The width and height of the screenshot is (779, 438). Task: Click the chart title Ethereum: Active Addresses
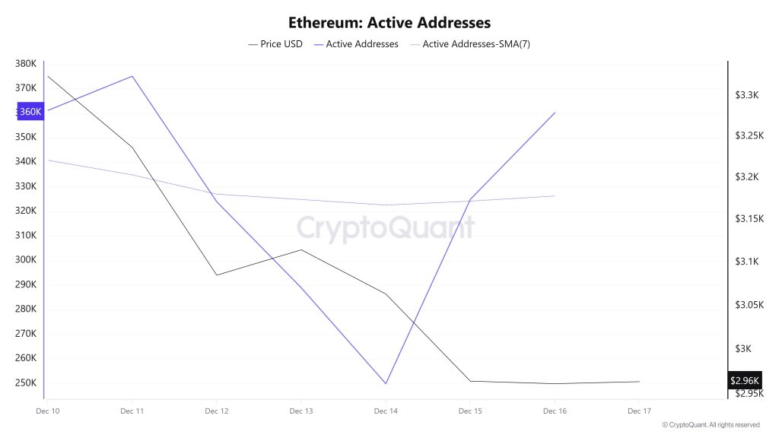pos(389,23)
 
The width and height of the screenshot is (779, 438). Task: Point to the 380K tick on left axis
pos(26,64)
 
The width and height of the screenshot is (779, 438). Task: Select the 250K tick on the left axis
pos(26,383)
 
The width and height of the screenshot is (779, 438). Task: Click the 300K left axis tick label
pos(26,260)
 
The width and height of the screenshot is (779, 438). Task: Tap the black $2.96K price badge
pos(745,380)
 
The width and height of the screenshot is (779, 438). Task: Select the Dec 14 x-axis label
pos(386,411)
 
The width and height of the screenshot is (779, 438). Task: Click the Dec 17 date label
pos(639,411)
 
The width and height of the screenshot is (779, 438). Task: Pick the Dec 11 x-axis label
pos(132,411)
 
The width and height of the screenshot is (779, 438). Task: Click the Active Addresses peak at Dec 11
pos(132,76)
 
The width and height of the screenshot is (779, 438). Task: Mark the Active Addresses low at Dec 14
pos(386,383)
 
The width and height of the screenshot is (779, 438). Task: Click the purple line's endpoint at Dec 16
pos(555,113)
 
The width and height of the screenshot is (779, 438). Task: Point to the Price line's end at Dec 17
pos(639,382)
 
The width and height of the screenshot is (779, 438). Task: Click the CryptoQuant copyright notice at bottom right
pos(711,425)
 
